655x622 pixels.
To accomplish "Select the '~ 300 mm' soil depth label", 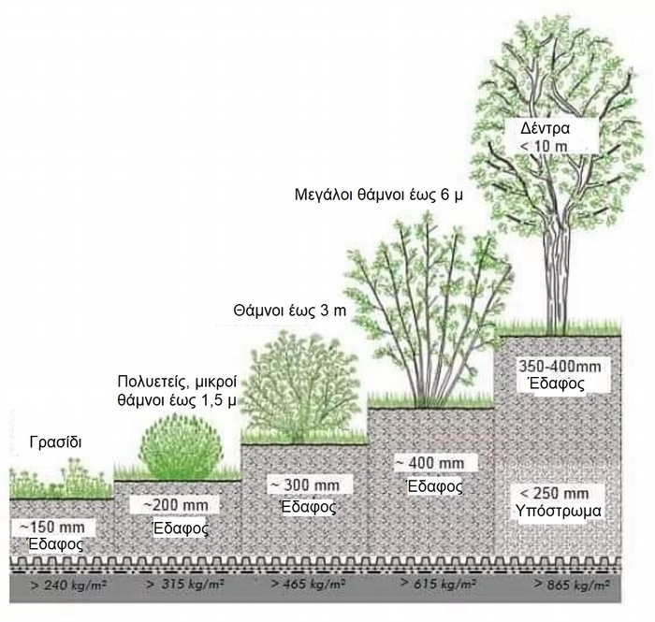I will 305,485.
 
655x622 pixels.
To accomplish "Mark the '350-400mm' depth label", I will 552,367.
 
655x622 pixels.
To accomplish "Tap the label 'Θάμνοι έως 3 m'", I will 281,309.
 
